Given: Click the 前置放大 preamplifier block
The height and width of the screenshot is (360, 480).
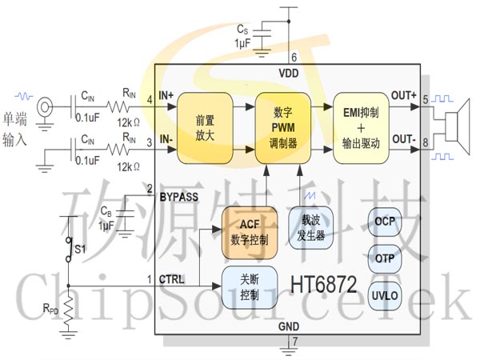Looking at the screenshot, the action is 205,128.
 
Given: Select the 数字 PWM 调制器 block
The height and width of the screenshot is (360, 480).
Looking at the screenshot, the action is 283,128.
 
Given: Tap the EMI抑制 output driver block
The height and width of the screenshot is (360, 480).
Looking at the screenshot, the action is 361,128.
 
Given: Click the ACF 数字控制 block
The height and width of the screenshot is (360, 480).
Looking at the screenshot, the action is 250,233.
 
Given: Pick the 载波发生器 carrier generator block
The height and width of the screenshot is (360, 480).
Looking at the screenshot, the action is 311,228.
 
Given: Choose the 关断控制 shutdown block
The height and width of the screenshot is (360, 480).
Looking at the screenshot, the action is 250,287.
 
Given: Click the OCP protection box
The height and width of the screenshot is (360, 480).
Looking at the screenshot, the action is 385,222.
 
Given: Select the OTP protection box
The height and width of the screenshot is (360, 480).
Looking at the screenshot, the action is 385,259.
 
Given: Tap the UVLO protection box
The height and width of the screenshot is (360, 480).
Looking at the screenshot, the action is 385,296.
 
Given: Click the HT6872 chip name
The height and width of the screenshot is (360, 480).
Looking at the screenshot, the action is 323,284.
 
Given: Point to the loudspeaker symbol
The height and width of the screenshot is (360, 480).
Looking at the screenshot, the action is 457,126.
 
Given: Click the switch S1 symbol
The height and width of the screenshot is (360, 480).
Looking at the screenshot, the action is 70,250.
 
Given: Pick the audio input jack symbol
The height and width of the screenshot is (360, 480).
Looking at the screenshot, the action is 45,107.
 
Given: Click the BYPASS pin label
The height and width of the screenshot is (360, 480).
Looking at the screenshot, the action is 178,197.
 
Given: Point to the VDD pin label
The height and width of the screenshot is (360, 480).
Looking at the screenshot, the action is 288,74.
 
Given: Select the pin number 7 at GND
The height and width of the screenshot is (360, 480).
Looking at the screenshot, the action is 295,342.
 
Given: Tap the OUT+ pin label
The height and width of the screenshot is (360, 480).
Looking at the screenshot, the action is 404,95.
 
